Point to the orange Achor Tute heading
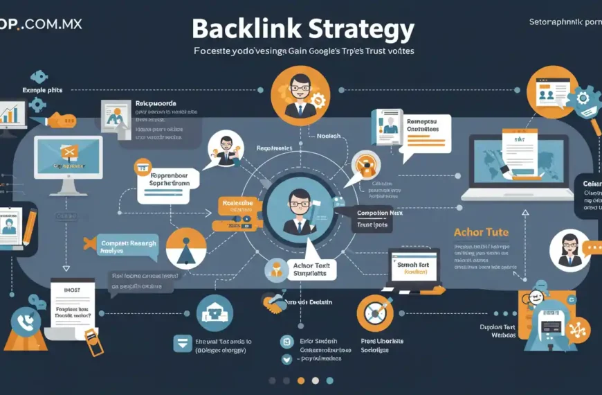coord(482,233)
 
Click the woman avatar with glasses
coord(569,249)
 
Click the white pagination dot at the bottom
coord(315,380)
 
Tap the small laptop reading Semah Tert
coord(414,267)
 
